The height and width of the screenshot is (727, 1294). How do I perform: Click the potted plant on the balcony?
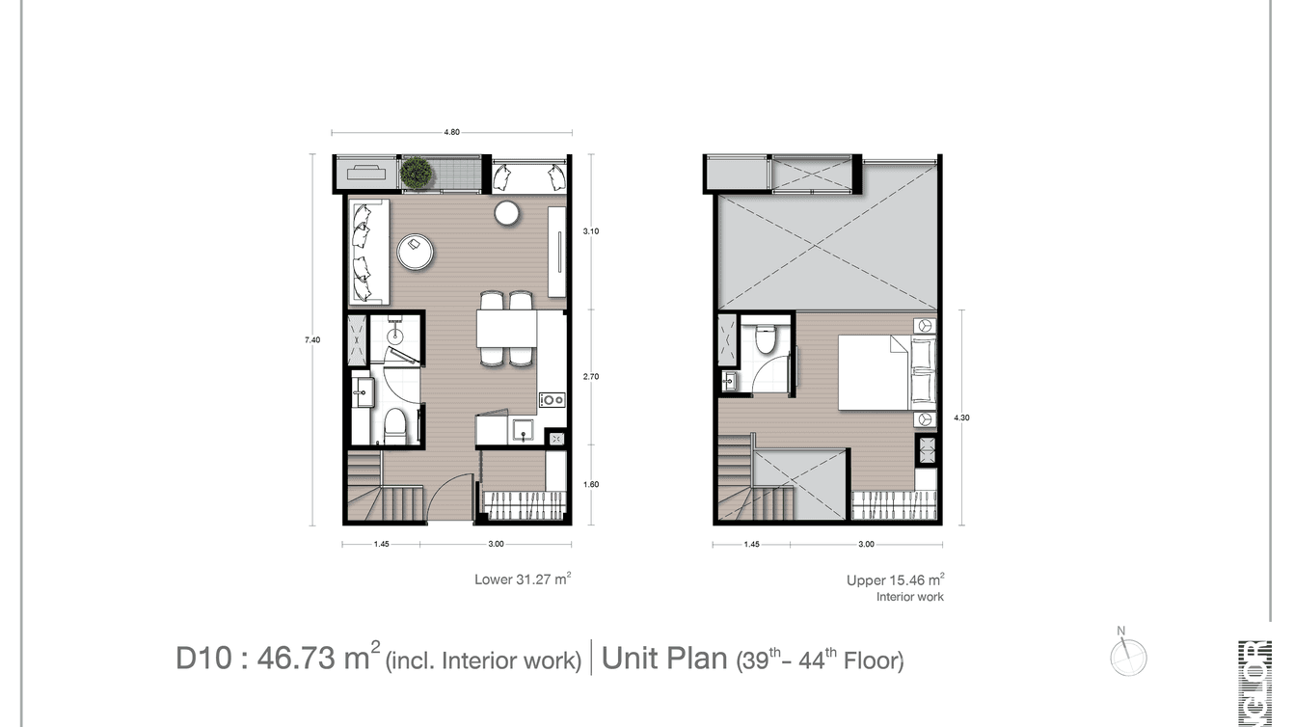[417, 173]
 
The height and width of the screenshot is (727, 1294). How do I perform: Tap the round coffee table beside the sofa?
[416, 252]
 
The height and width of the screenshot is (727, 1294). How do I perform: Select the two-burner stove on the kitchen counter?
[552, 399]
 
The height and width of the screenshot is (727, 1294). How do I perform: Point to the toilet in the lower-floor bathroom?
[395, 425]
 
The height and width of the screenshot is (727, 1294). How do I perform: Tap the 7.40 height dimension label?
[311, 339]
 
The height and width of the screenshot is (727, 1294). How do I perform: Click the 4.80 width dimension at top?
[450, 133]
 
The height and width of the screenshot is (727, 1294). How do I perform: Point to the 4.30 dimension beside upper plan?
[960, 417]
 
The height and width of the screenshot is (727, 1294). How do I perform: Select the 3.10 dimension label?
[590, 230]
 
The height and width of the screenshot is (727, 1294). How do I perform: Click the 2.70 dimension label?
[591, 377]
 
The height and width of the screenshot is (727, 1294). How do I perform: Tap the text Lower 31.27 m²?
[522, 579]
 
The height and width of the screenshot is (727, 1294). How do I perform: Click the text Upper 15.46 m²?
[894, 579]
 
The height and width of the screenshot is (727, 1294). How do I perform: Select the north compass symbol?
[1127, 656]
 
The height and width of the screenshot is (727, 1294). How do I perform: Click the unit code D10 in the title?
[202, 659]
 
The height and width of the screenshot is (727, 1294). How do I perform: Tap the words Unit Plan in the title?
[663, 659]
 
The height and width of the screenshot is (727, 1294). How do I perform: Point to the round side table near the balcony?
[507, 213]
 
